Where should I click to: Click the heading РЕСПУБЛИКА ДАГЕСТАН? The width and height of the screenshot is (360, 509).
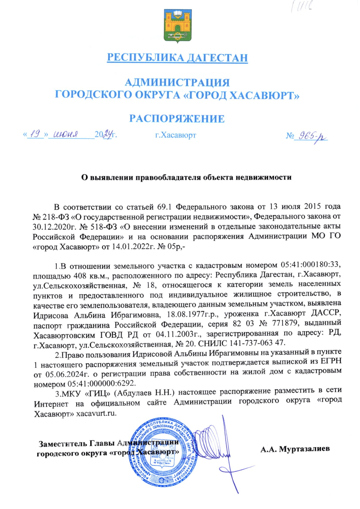pyautogui.click(x=177, y=58)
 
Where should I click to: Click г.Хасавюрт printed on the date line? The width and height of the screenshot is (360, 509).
pyautogui.click(x=175, y=136)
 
